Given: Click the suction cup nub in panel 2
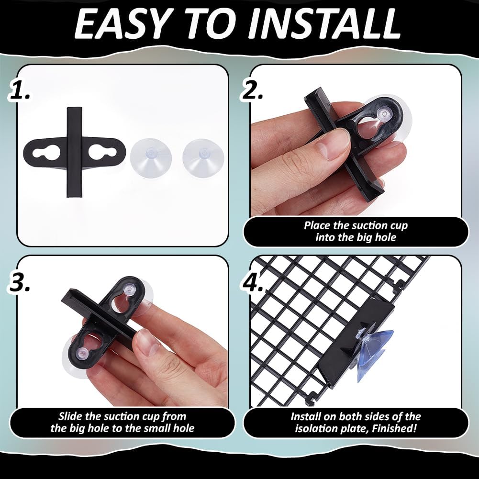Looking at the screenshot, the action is coord(384,113).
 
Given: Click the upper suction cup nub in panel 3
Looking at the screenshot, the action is coord(130,290).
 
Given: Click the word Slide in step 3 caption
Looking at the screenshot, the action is coord(71,416).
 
